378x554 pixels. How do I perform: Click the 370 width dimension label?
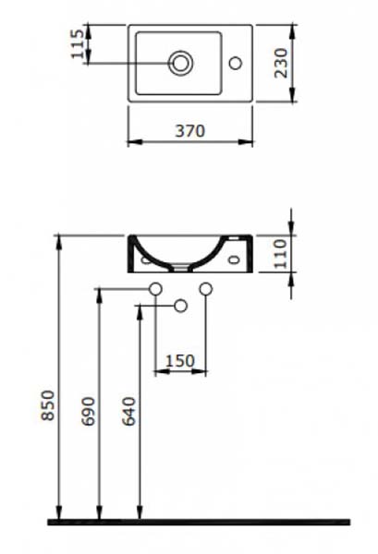(x=190, y=131)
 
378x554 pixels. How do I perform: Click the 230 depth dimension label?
(x=281, y=63)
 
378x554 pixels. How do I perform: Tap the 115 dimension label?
(x=78, y=43)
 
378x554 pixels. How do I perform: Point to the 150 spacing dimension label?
(x=180, y=361)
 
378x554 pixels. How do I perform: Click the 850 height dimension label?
(x=48, y=405)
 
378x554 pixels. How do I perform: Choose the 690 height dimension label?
(x=89, y=411)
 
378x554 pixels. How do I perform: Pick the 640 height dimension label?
(x=128, y=411)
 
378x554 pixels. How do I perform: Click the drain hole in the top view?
(x=181, y=63)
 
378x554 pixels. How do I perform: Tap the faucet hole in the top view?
(x=236, y=63)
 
